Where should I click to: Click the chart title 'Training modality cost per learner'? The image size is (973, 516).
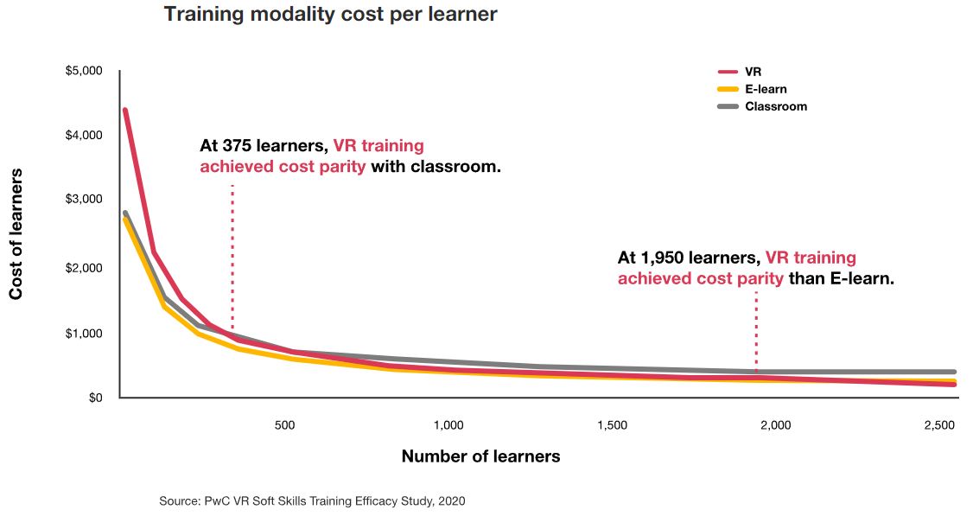[330, 15]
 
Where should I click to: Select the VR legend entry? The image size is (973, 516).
[753, 72]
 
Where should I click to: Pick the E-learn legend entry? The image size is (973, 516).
[765, 89]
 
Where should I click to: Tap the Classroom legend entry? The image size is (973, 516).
[775, 106]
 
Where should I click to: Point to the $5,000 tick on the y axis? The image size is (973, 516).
[84, 71]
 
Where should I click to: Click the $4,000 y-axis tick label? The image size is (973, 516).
[84, 135]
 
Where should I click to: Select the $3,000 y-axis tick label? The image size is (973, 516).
[84, 199]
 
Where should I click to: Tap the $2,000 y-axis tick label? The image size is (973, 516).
[84, 268]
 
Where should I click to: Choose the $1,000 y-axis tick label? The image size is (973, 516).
[84, 334]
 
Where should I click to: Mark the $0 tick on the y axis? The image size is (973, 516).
[95, 398]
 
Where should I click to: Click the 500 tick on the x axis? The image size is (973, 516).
[285, 425]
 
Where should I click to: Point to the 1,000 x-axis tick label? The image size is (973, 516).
[448, 425]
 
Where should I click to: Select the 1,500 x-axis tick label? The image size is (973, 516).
[612, 425]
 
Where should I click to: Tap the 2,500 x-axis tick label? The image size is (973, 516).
[939, 425]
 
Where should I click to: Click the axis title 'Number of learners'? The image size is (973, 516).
[480, 456]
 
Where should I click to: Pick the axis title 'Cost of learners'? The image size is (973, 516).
[16, 234]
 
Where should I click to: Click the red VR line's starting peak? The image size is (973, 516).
[125, 111]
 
